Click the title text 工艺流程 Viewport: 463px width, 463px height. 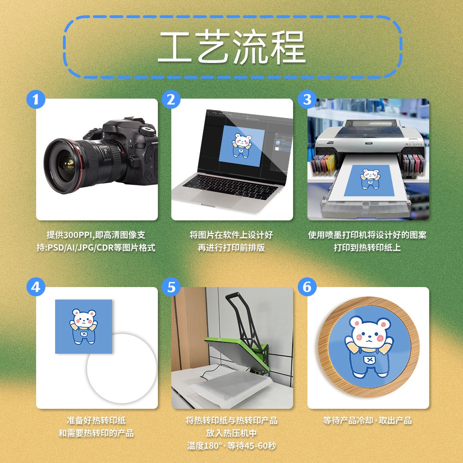tap(231, 47)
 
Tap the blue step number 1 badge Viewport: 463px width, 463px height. tap(36, 100)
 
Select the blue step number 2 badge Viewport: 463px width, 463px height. tap(171, 100)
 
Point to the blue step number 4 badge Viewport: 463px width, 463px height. tap(36, 288)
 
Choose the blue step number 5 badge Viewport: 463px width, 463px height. tap(171, 288)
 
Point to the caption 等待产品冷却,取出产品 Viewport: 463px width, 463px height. tap(368, 420)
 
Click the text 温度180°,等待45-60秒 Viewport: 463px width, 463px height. tap(231, 446)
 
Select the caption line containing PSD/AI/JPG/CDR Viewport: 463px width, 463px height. tap(96, 248)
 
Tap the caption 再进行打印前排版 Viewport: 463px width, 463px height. tap(231, 248)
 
